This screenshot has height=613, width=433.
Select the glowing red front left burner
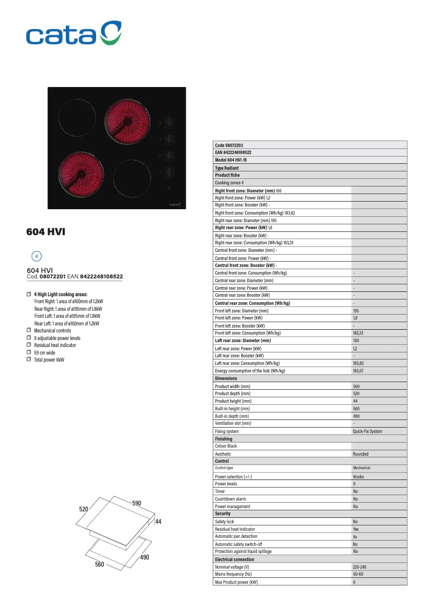[x=80, y=174]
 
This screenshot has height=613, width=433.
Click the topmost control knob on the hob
[x=170, y=122]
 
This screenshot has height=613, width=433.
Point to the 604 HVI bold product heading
[x=46, y=232]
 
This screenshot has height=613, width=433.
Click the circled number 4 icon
[x=36, y=256]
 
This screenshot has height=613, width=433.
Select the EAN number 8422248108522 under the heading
[x=102, y=277]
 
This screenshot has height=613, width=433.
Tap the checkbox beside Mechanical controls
[x=29, y=330]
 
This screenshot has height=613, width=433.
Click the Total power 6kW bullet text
[x=49, y=359]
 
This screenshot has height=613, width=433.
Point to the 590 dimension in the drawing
[x=137, y=503]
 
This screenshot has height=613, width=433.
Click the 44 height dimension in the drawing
[x=158, y=522]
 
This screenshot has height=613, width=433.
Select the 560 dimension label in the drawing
[x=99, y=564]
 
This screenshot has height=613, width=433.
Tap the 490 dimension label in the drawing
[x=144, y=557]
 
